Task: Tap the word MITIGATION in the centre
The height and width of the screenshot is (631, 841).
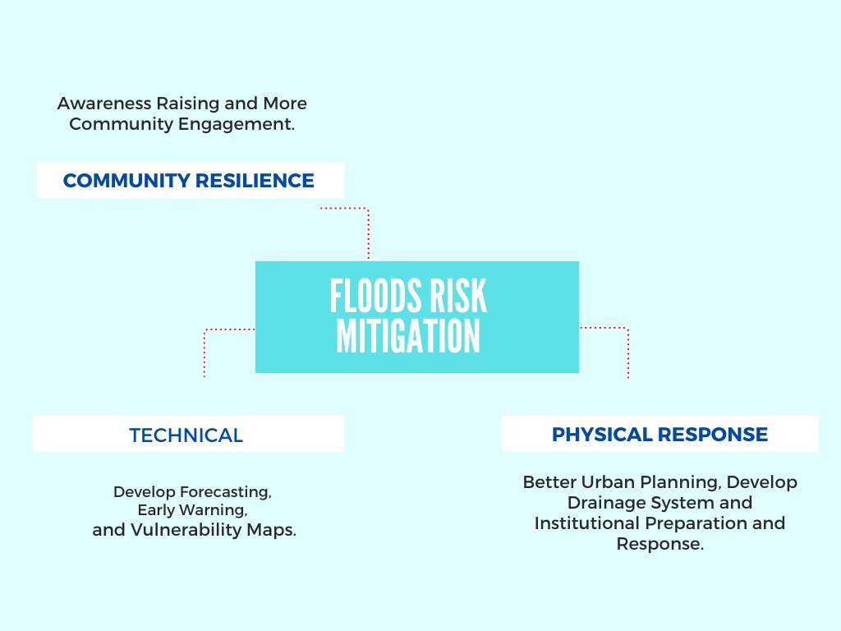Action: (408, 336)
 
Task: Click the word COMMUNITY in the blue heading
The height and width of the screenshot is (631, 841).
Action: (126, 181)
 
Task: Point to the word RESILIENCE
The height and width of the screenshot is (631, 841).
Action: (255, 181)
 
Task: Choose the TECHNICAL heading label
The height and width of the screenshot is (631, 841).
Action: (186, 435)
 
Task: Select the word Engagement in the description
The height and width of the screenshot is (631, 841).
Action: (237, 125)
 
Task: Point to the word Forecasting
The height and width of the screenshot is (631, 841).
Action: (226, 492)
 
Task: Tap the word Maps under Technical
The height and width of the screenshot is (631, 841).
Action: (271, 530)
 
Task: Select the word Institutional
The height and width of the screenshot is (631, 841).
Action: (586, 523)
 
